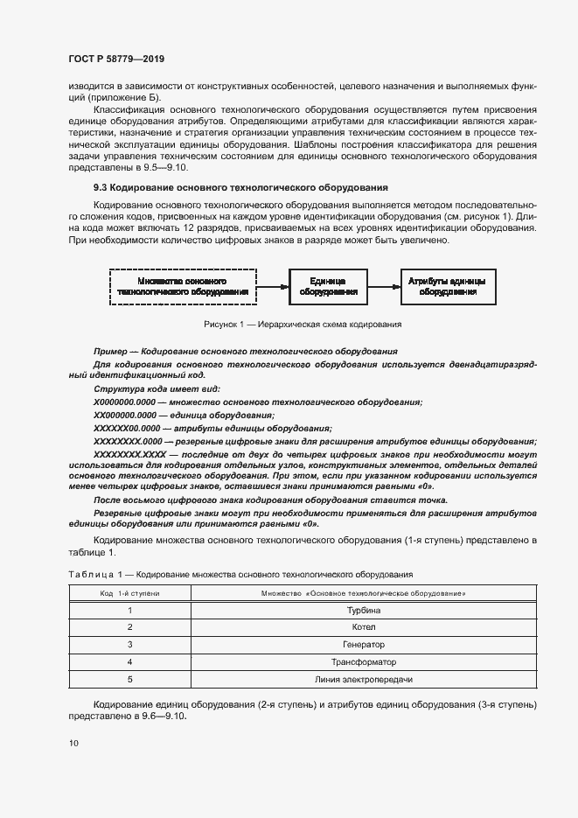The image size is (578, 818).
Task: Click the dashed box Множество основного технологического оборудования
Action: pos(182,286)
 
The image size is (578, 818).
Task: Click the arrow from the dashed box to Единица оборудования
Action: pos(273,286)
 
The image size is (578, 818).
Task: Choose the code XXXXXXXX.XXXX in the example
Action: pos(129,456)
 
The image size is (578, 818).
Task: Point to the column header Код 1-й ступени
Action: pos(129,594)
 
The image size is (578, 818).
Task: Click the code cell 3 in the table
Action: pos(129,645)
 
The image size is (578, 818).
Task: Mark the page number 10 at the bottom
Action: pos(73,744)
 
